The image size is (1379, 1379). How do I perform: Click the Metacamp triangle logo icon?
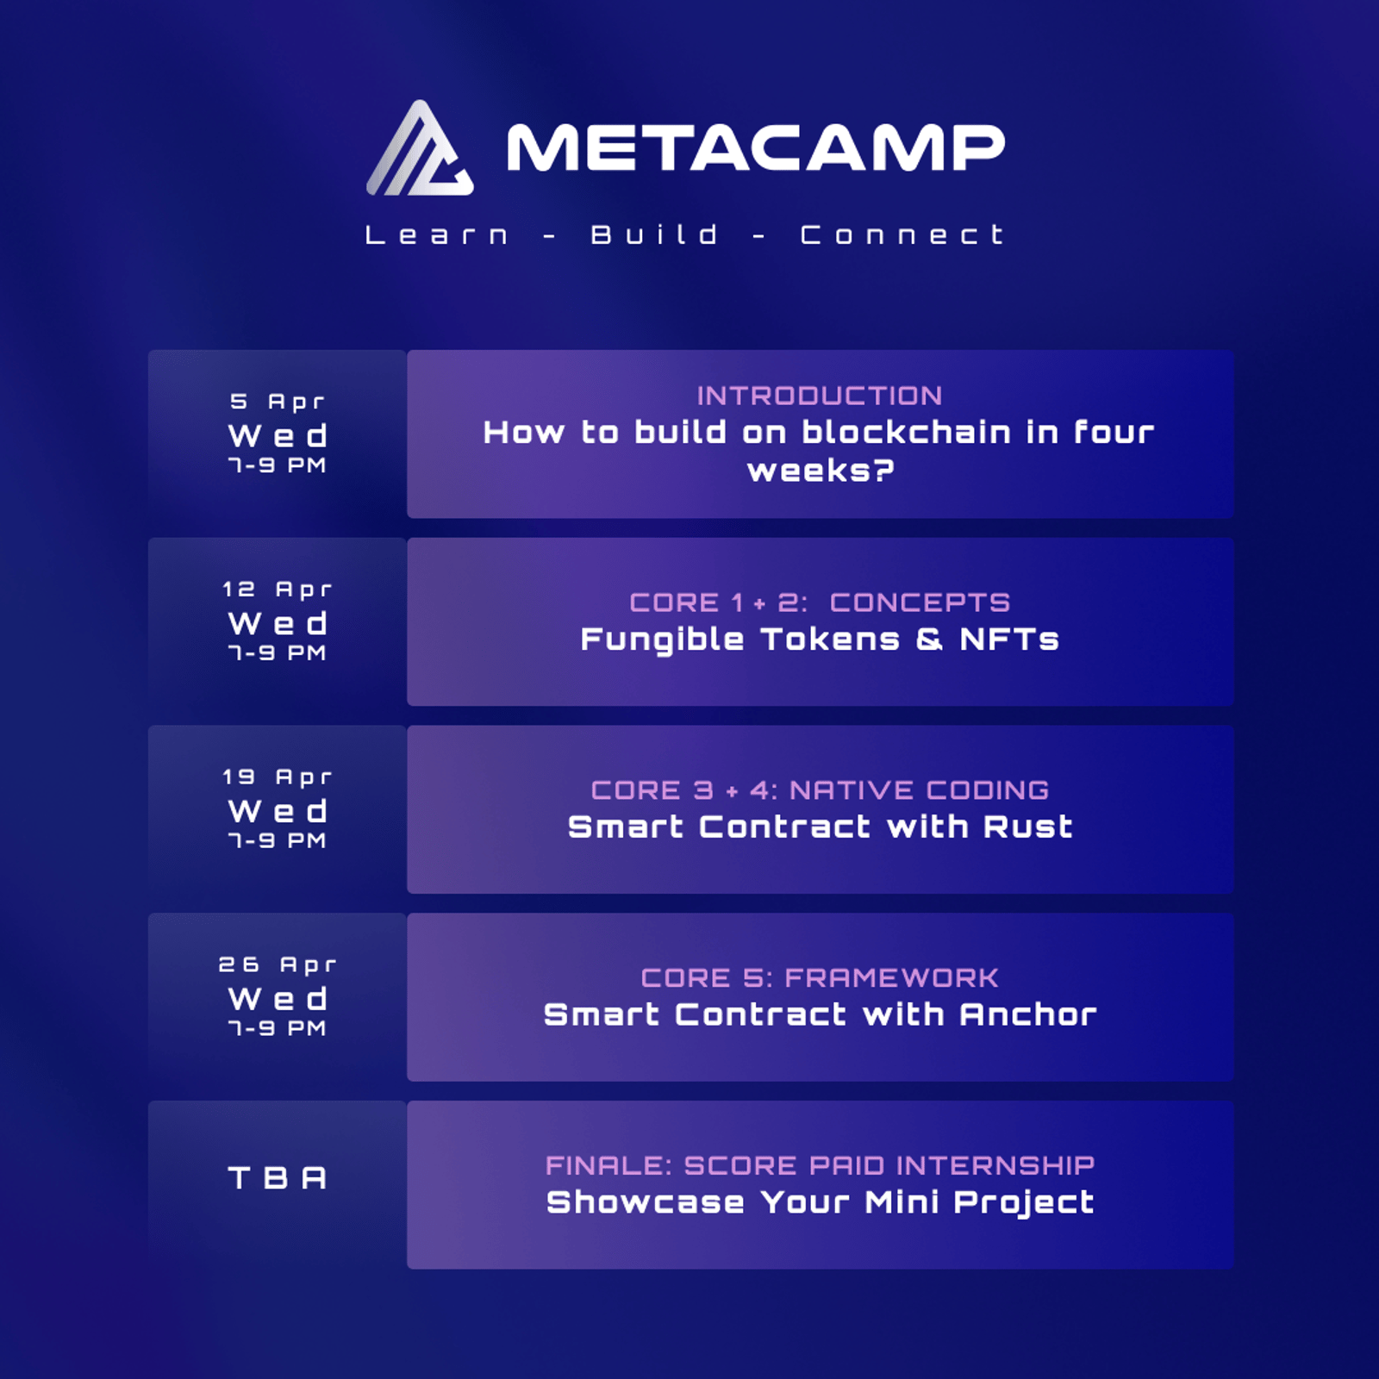click(420, 148)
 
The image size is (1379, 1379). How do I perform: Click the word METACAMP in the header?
click(756, 148)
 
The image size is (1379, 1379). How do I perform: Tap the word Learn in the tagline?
click(437, 234)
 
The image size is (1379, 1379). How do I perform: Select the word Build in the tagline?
click(654, 234)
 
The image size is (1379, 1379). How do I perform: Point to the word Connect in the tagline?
click(902, 234)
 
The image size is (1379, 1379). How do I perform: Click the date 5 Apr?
click(278, 402)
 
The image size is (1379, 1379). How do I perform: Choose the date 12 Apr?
click(278, 590)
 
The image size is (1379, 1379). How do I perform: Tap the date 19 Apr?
click(278, 777)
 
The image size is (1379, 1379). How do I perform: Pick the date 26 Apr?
click(278, 965)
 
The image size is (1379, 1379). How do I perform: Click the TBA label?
click(278, 1178)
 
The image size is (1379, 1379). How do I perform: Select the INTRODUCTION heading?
click(820, 396)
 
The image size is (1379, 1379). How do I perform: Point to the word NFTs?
click(1009, 640)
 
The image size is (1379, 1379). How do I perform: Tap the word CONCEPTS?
click(920, 602)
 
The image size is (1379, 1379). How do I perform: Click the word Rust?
click(1028, 827)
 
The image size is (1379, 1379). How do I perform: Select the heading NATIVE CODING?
click(920, 790)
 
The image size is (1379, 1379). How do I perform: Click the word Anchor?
click(1028, 1015)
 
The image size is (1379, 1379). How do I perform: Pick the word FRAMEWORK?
click(892, 978)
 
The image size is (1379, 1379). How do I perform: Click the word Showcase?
click(646, 1202)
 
